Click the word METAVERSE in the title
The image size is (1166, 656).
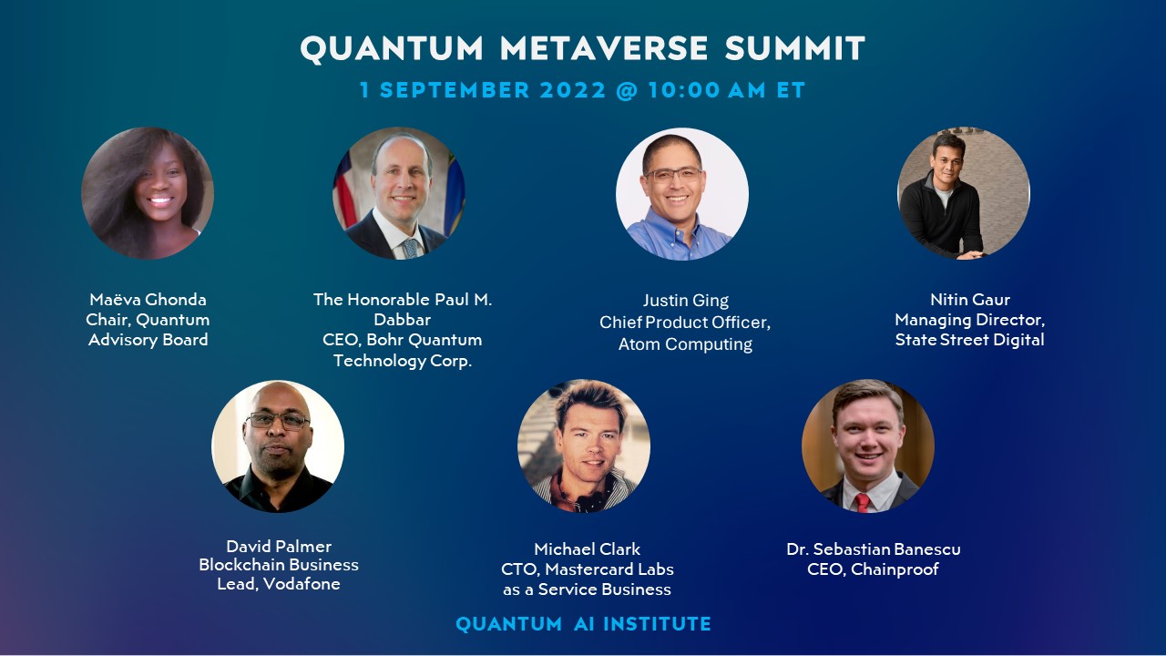click(606, 48)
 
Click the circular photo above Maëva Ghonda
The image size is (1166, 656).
click(148, 193)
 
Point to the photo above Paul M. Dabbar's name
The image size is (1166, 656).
click(399, 193)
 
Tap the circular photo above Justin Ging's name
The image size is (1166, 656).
click(682, 194)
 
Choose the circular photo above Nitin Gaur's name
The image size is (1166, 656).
click(964, 193)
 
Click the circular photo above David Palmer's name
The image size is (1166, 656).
click(278, 446)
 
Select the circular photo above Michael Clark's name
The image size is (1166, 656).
click(584, 446)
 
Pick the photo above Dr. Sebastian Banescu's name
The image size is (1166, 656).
click(868, 446)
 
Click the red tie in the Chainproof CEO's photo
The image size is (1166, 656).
click(862, 502)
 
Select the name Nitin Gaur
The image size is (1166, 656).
click(969, 300)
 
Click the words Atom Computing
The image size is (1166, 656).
click(685, 344)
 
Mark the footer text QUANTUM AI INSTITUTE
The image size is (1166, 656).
click(583, 624)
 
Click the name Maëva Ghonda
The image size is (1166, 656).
click(148, 300)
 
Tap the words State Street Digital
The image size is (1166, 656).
click(969, 340)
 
